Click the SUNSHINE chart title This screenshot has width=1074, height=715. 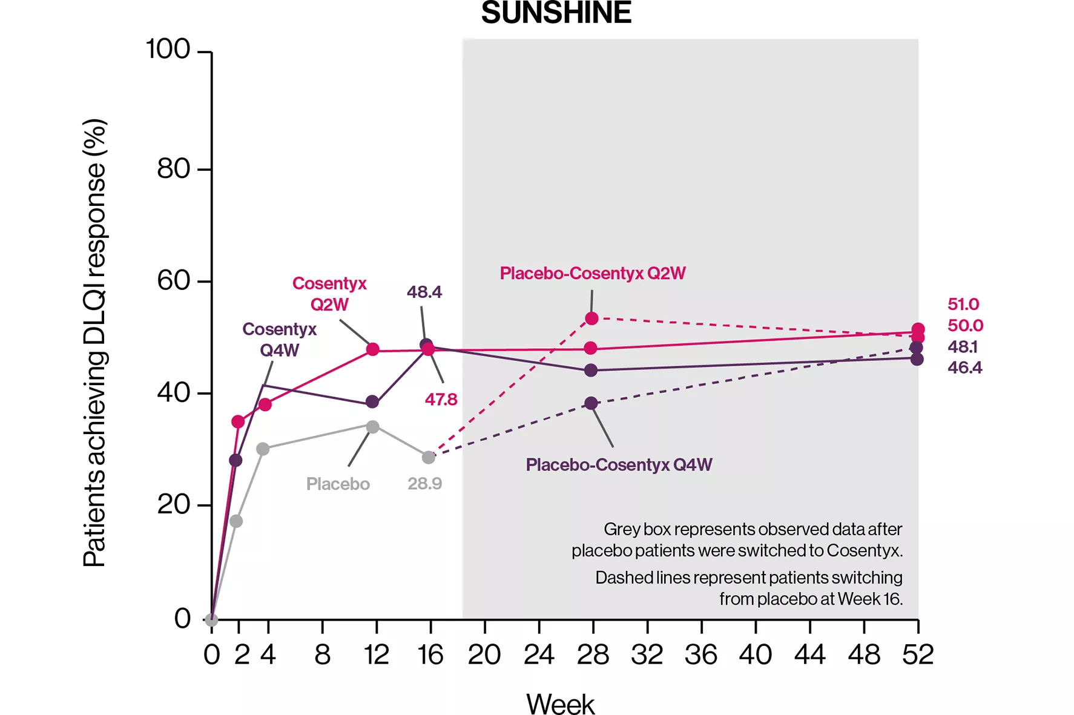tap(556, 13)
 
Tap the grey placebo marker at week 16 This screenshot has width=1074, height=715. tap(429, 458)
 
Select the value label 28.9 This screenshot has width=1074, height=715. tap(424, 484)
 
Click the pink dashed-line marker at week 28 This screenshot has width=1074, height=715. tap(592, 318)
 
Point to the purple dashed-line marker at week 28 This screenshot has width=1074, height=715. tap(591, 403)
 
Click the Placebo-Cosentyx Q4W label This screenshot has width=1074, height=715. tap(619, 465)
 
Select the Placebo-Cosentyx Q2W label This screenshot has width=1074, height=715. tap(592, 274)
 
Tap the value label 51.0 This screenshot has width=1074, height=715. tap(963, 305)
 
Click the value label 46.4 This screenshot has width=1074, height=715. tap(964, 368)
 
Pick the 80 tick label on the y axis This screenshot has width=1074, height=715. tap(174, 169)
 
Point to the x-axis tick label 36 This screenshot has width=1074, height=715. tap(701, 655)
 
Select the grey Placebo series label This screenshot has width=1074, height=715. tap(338, 484)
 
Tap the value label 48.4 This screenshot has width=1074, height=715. tap(424, 292)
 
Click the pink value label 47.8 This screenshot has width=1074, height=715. tap(441, 400)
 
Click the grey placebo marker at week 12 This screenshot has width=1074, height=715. tap(373, 427)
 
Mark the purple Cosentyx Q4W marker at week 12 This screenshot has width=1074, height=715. tap(372, 402)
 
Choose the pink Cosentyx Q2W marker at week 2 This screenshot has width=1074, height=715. tap(238, 421)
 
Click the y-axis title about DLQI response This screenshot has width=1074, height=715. tap(94, 343)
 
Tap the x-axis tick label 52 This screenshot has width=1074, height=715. tap(918, 655)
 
